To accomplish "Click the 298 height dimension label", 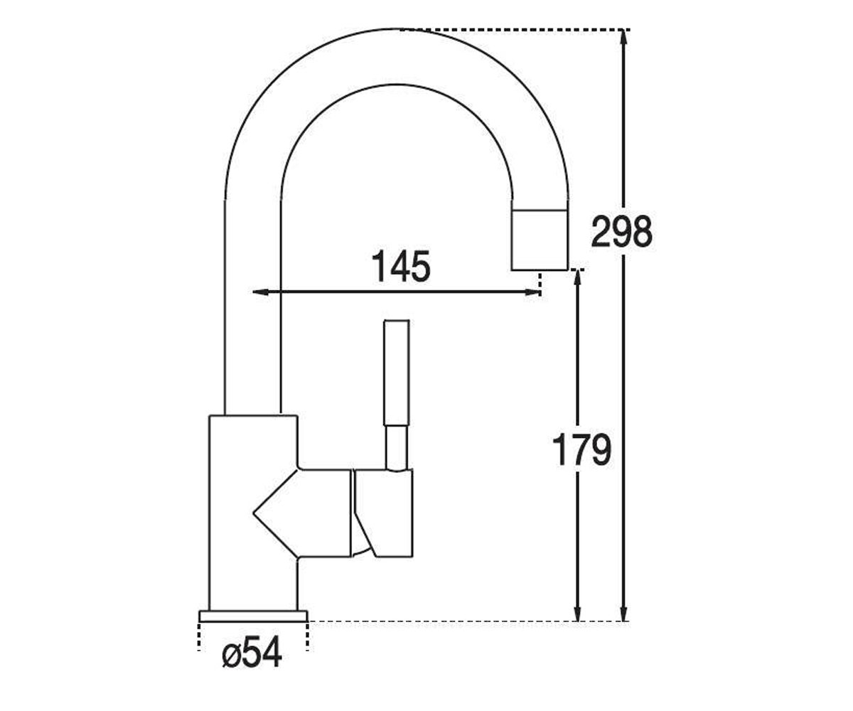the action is point(621,231).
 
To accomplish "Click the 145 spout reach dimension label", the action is point(401,266).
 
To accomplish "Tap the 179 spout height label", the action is point(581,449).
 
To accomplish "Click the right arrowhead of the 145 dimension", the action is point(532,292).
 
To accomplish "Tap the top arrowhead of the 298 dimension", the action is point(623,39).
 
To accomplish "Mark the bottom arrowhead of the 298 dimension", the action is point(623,611).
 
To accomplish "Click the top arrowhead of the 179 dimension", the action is point(577,279).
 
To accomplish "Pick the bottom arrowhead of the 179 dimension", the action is point(577,611).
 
